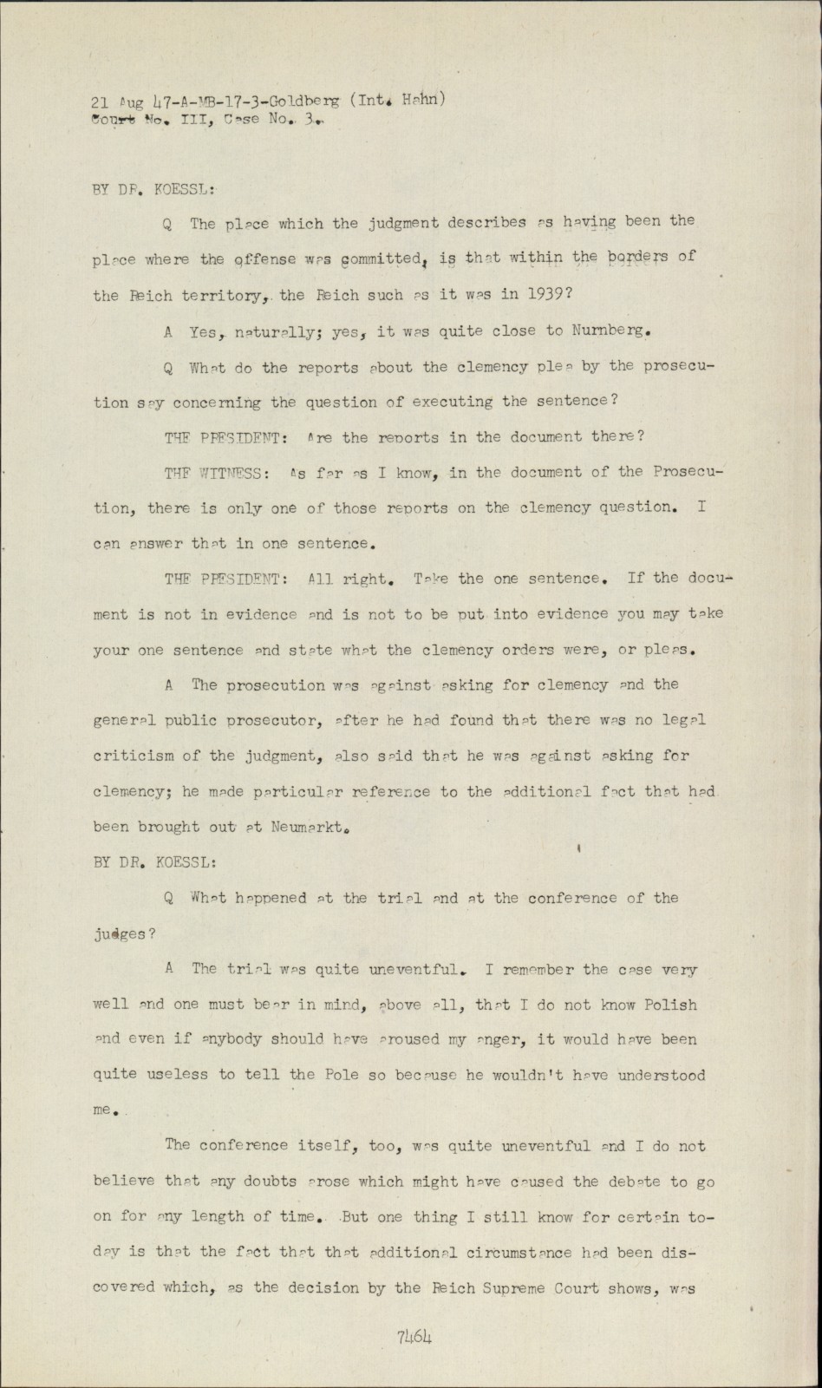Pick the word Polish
point(669,1005)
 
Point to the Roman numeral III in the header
point(196,121)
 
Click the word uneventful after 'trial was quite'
point(413,969)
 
